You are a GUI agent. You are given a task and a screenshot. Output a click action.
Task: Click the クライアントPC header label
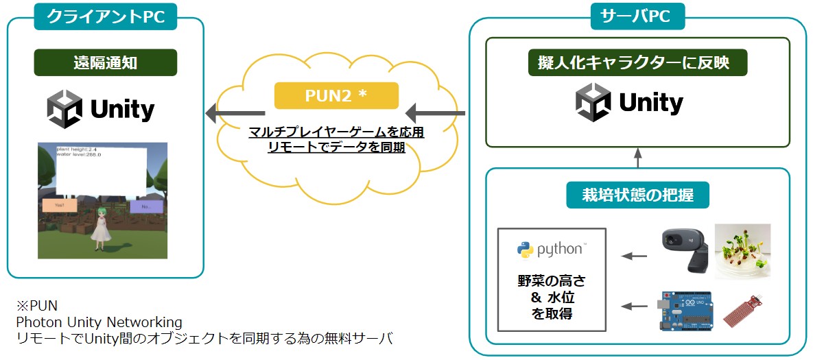(x=106, y=16)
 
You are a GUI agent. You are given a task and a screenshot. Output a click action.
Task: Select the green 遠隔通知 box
(x=106, y=62)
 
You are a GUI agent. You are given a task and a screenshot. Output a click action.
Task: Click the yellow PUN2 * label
(x=336, y=96)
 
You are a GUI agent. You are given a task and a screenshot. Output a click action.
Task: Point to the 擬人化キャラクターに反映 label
(x=638, y=63)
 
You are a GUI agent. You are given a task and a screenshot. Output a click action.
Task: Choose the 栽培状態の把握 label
(x=637, y=195)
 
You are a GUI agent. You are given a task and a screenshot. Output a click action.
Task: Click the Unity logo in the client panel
(x=101, y=109)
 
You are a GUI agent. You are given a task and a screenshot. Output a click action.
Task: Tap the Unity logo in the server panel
(x=629, y=103)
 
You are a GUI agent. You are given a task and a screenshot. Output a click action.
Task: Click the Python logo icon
(x=526, y=250)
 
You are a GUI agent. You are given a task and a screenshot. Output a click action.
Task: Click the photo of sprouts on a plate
(x=742, y=251)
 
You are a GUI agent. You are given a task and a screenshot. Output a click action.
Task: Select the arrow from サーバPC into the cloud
(x=435, y=112)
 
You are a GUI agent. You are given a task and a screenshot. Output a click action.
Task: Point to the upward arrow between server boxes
(x=637, y=158)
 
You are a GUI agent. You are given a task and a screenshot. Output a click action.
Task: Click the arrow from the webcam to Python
(x=634, y=257)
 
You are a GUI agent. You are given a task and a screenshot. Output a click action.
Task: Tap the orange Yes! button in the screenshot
(x=60, y=205)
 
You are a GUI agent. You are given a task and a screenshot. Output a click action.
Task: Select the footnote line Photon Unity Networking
(x=99, y=322)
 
